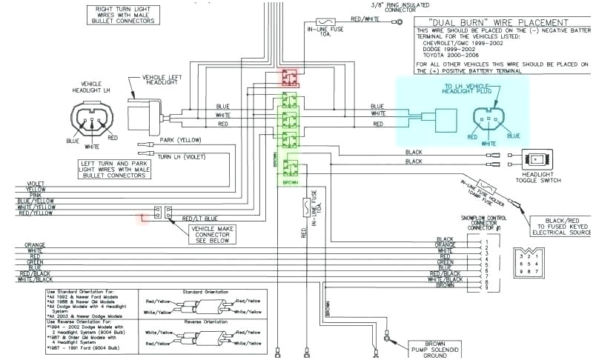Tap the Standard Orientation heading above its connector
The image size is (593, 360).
[x=205, y=292]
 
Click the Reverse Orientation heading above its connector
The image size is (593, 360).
[x=205, y=322]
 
